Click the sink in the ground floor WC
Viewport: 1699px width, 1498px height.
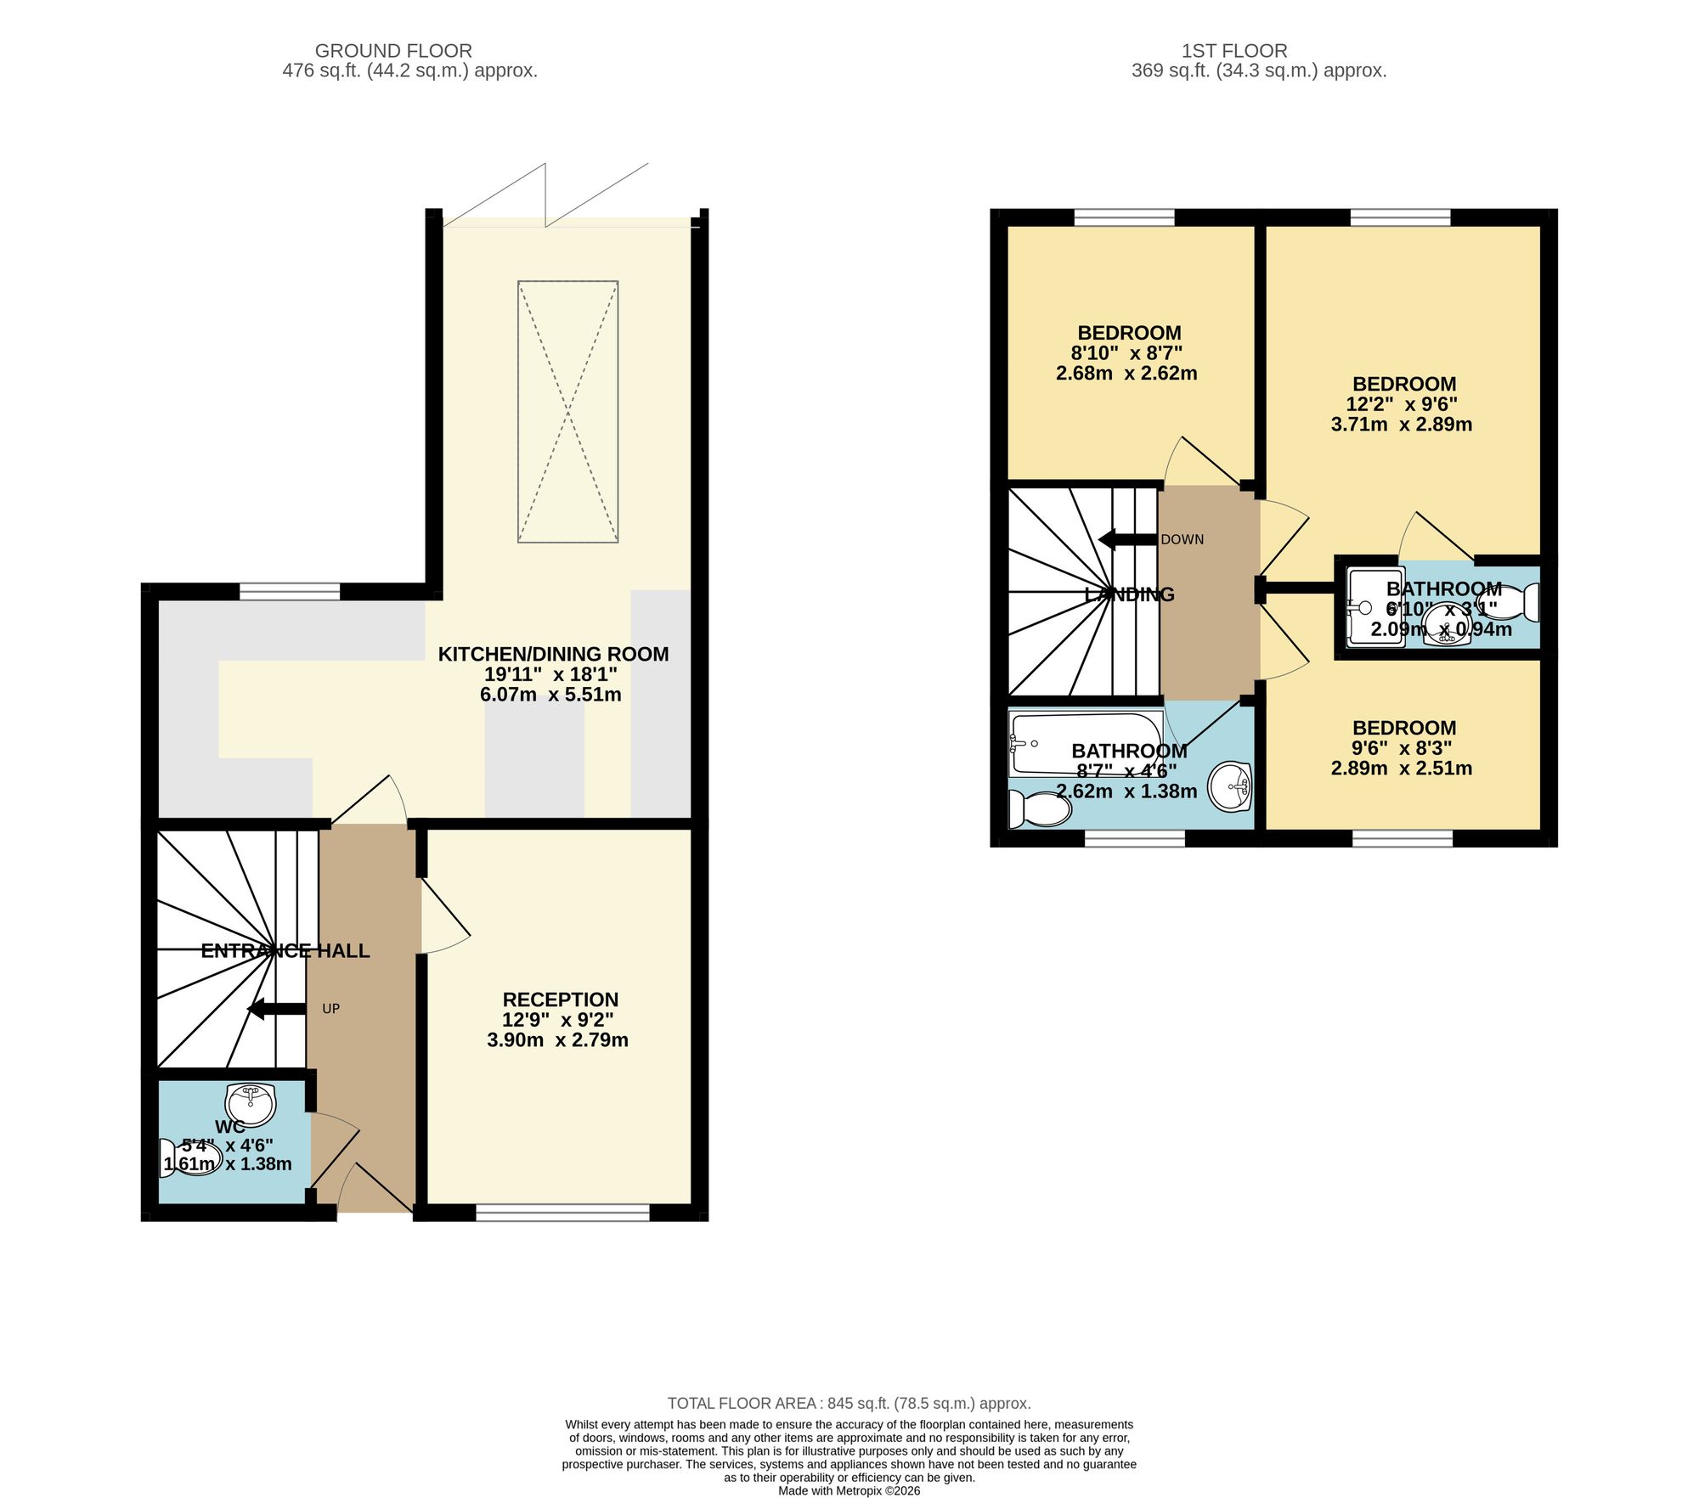pos(251,1104)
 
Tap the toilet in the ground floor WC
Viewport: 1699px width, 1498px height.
pos(192,1158)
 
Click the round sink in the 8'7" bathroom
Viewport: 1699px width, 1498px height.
pos(1229,786)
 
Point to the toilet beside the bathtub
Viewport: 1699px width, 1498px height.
pos(1039,809)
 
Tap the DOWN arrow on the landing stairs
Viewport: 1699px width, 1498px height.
pos(1128,539)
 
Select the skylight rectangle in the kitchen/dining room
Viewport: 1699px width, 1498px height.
pos(567,412)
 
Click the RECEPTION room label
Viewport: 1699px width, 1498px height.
pos(561,1000)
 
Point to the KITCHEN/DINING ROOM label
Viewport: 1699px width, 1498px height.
pos(553,654)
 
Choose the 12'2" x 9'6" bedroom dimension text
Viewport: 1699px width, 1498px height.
pos(1402,404)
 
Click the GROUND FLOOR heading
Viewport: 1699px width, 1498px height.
pos(393,51)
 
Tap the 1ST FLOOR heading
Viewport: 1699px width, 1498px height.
pos(1234,51)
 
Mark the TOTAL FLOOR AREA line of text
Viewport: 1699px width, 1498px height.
pos(849,1404)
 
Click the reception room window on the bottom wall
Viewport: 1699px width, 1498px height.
pos(562,1212)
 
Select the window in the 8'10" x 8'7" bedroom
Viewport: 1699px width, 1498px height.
pos(1125,217)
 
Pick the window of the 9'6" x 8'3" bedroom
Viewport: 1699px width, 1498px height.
pos(1403,839)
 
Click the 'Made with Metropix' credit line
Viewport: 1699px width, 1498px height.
pos(849,1490)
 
